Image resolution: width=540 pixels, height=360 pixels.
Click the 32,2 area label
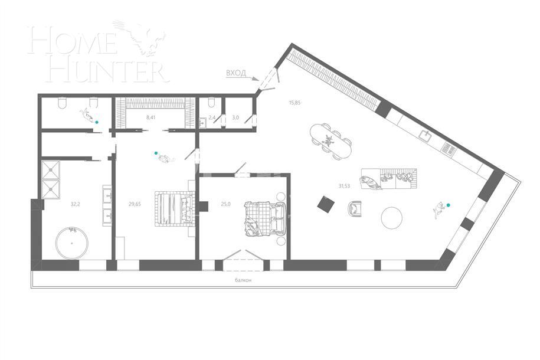pyautogui.click(x=75, y=204)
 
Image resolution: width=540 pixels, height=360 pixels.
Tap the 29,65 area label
pyautogui.click(x=135, y=204)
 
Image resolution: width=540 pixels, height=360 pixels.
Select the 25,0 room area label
pyautogui.click(x=225, y=204)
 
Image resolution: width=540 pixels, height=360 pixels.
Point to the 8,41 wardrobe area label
pyautogui.click(x=152, y=117)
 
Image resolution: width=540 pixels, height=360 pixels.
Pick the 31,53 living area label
pyautogui.click(x=344, y=186)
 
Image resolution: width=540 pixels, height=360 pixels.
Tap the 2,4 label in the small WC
pyautogui.click(x=212, y=117)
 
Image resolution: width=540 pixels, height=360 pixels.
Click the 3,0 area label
pyautogui.click(x=235, y=117)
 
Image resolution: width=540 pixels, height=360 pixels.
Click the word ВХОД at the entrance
pyautogui.click(x=235, y=73)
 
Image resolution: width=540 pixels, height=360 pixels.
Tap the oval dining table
pyautogui.click(x=330, y=141)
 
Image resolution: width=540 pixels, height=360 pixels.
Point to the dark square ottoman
pyautogui.click(x=325, y=204)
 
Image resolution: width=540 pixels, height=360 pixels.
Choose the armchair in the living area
pyautogui.click(x=356, y=208)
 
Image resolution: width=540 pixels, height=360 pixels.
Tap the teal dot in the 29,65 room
pyautogui.click(x=156, y=153)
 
